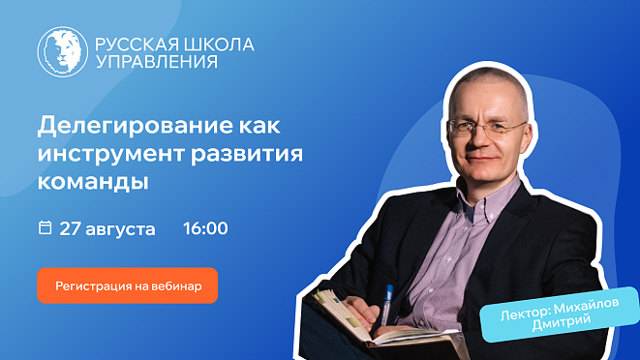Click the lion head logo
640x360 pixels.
point(62,52)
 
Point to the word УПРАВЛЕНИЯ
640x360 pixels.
point(156,62)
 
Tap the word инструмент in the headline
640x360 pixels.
point(111,154)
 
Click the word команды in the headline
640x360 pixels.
point(93,181)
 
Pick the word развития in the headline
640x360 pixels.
point(247,154)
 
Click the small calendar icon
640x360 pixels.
point(45,227)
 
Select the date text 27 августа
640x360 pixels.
point(107,228)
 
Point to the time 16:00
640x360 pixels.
point(205,228)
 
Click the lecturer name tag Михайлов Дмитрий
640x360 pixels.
point(560,314)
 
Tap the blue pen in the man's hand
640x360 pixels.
point(385,305)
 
